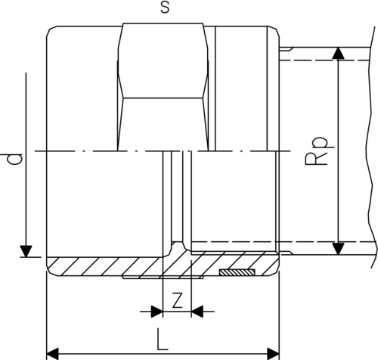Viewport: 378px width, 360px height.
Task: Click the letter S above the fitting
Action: point(165,8)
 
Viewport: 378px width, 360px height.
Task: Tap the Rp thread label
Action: point(317,151)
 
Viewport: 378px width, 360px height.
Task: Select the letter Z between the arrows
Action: point(177,300)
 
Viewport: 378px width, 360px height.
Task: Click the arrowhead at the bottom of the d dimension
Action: point(26,251)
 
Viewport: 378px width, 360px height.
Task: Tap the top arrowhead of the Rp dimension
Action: point(338,53)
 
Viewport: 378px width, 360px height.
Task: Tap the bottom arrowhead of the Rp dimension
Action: point(338,249)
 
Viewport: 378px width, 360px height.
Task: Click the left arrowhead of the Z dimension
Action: point(156,312)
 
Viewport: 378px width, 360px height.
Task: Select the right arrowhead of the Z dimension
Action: point(197,312)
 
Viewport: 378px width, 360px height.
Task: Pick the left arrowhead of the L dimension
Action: point(53,354)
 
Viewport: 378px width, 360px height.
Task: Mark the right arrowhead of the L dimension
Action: point(273,354)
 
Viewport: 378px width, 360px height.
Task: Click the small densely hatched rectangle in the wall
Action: point(237,272)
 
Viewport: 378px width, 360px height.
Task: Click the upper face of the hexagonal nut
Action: point(163,61)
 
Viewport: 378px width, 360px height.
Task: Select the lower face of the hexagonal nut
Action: point(163,125)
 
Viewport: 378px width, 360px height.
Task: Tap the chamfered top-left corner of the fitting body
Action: point(51,31)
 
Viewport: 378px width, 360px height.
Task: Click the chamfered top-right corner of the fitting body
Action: point(274,31)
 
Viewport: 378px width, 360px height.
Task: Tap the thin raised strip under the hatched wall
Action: point(163,278)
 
